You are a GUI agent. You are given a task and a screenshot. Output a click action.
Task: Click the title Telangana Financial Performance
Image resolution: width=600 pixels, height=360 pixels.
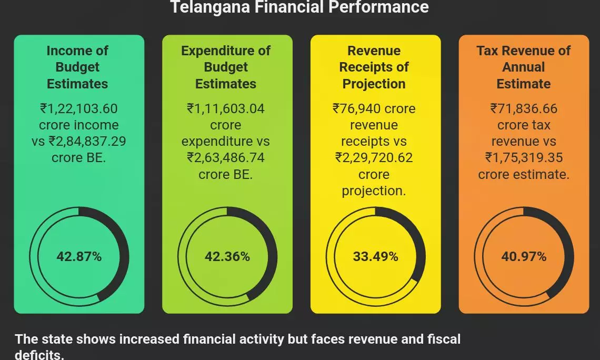tap(299, 7)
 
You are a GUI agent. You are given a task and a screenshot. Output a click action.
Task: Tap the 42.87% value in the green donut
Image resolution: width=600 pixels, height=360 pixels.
tap(79, 257)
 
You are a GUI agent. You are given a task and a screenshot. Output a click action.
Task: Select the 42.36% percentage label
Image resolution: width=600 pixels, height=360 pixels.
tap(227, 257)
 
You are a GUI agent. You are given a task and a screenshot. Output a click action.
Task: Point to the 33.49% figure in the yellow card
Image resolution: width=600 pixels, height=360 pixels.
tap(375, 257)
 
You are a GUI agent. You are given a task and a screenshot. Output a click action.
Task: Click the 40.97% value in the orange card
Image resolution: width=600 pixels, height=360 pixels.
tap(524, 257)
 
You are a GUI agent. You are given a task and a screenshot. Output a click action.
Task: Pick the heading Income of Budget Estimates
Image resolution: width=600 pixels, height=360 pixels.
tap(77, 67)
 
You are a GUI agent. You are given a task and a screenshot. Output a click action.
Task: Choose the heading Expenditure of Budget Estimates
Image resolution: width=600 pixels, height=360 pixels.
tap(226, 67)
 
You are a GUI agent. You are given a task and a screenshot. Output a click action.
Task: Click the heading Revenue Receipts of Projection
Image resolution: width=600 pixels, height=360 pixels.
tap(374, 67)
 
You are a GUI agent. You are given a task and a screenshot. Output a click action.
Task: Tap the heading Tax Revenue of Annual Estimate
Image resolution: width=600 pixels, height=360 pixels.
tap(523, 67)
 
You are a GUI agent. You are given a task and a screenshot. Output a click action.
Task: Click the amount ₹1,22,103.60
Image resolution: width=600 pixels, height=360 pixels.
tap(79, 109)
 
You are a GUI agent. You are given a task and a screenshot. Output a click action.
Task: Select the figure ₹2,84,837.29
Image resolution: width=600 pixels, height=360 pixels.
tap(87, 142)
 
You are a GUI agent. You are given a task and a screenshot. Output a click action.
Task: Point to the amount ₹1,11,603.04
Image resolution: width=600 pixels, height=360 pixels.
tap(226, 109)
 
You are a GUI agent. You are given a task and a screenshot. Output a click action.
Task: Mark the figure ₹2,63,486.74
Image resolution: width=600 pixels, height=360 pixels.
tap(226, 158)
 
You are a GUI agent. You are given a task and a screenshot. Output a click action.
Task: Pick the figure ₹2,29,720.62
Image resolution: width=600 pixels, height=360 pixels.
tap(374, 158)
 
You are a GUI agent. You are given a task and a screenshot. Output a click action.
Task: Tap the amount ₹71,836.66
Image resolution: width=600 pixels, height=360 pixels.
tap(523, 109)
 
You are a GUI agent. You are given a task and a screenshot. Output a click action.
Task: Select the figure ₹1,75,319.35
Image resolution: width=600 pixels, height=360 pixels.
tap(524, 158)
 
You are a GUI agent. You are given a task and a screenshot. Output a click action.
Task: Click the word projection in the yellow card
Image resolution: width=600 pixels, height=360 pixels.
tap(374, 191)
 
